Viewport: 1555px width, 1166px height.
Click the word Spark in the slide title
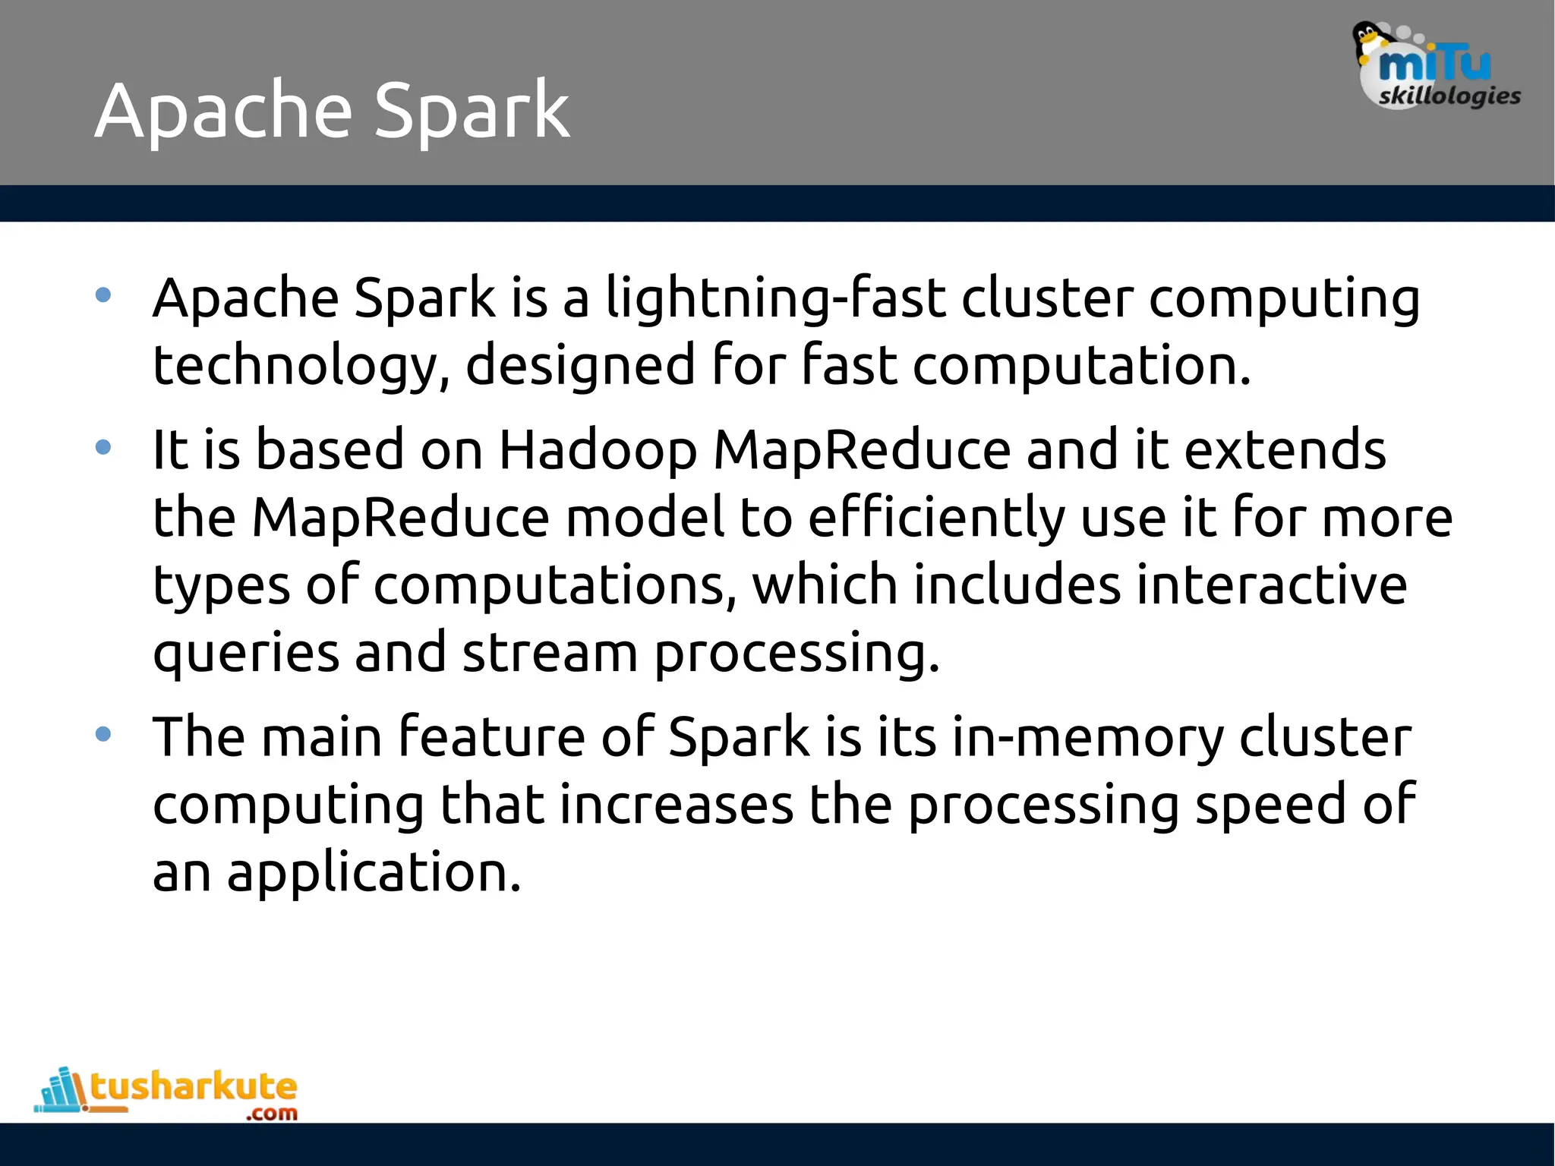coord(472,112)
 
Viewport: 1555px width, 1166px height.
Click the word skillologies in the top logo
coord(1449,96)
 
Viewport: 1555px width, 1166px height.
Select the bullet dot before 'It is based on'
coord(104,447)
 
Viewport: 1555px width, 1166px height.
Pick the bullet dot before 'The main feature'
coord(104,734)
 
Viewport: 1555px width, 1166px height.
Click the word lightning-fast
coord(775,298)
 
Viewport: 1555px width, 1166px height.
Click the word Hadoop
coord(598,450)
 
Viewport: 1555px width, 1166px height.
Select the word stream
coord(550,653)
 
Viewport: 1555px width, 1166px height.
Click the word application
coord(374,874)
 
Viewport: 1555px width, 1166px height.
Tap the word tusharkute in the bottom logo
coord(194,1087)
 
